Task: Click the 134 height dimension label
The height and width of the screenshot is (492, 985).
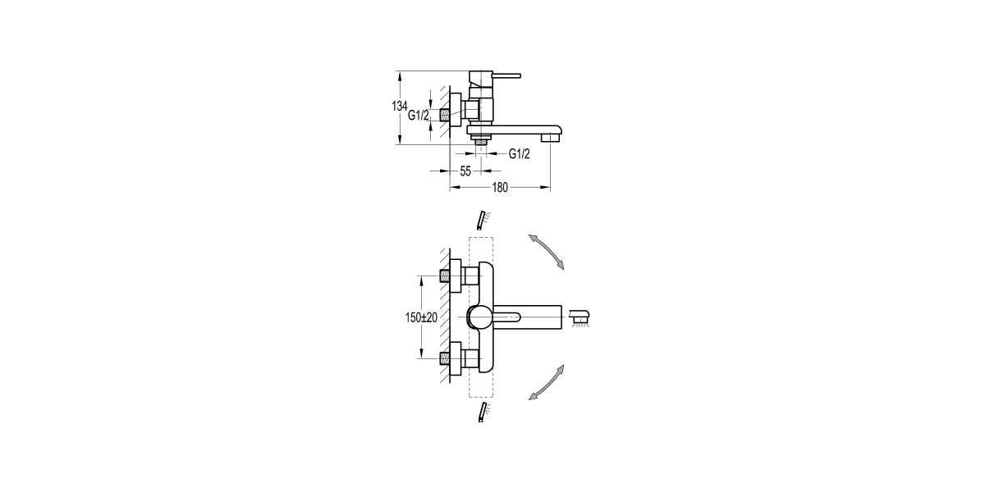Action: [399, 106]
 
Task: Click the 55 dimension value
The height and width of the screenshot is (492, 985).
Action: [465, 171]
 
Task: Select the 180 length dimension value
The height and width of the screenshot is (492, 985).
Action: [500, 188]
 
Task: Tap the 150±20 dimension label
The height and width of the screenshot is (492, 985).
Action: [421, 317]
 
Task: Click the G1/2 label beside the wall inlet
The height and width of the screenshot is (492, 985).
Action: [419, 116]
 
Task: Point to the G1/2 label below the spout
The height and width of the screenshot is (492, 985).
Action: [520, 154]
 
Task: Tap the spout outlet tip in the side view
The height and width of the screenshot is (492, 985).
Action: [550, 138]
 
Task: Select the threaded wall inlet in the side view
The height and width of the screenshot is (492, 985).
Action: [445, 115]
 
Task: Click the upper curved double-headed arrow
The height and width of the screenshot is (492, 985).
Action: [546, 252]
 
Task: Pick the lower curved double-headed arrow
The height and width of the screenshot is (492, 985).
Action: [546, 382]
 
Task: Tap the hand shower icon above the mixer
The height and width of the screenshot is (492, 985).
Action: [483, 221]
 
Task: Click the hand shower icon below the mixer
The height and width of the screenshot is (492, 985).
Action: [483, 412]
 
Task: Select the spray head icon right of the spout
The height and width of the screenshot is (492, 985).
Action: [580, 317]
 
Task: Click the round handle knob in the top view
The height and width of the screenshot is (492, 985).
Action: [478, 317]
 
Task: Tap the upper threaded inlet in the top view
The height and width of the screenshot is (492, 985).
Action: [445, 276]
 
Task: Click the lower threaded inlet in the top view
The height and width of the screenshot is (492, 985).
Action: [445, 358]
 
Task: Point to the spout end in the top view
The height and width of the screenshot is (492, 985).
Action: [561, 317]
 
